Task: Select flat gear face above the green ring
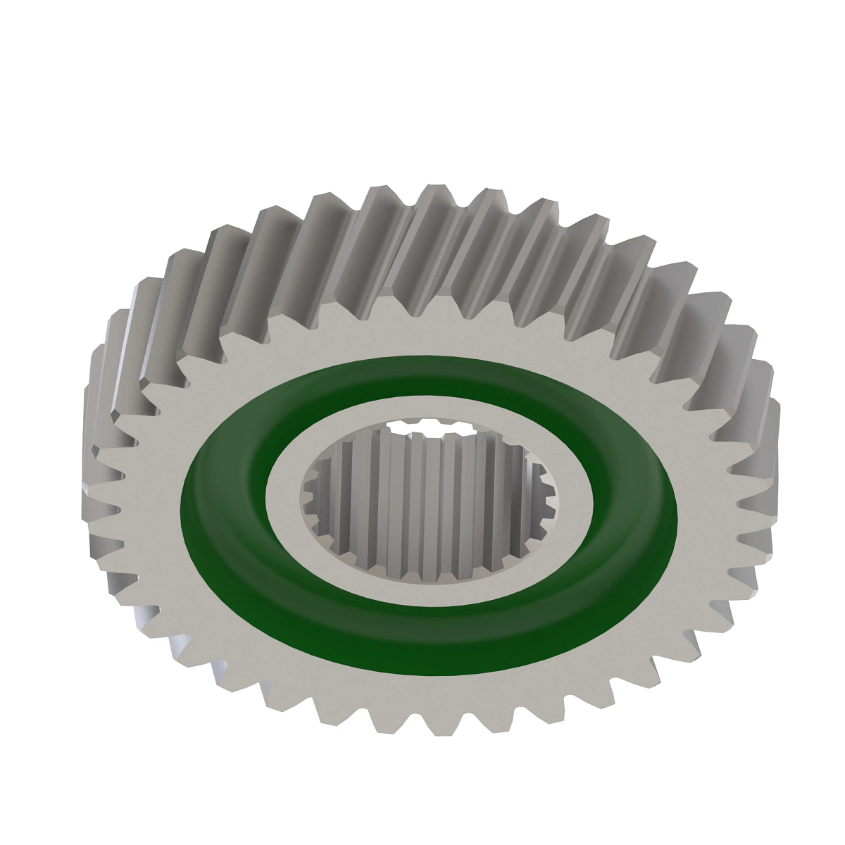click(x=430, y=338)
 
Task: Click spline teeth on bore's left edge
click(x=313, y=493)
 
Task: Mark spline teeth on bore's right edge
click(x=546, y=493)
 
